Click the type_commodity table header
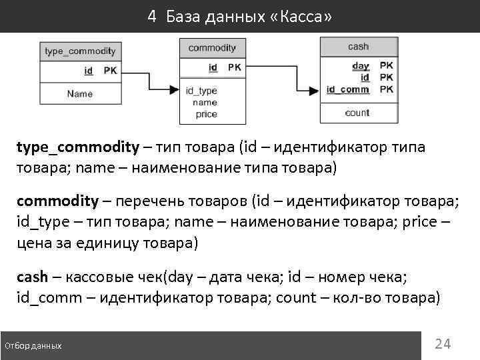pyautogui.click(x=80, y=51)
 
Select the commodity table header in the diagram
pyautogui.click(x=212, y=48)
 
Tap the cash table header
pyautogui.click(x=358, y=47)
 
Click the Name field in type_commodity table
pyautogui.click(x=80, y=94)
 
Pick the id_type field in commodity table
pyautogui.click(x=201, y=91)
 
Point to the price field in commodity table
pyautogui.click(x=206, y=114)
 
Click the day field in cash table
pyautogui.click(x=360, y=66)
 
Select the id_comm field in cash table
pyautogui.click(x=347, y=89)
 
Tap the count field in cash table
pyautogui.click(x=357, y=113)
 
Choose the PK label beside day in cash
pyautogui.click(x=387, y=66)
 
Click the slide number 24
pyautogui.click(x=443, y=344)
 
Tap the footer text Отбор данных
pyautogui.click(x=33, y=346)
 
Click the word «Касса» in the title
pyautogui.click(x=299, y=17)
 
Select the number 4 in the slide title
pyautogui.click(x=152, y=17)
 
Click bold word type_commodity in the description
pyautogui.click(x=78, y=147)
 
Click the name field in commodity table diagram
pyautogui.click(x=205, y=103)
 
